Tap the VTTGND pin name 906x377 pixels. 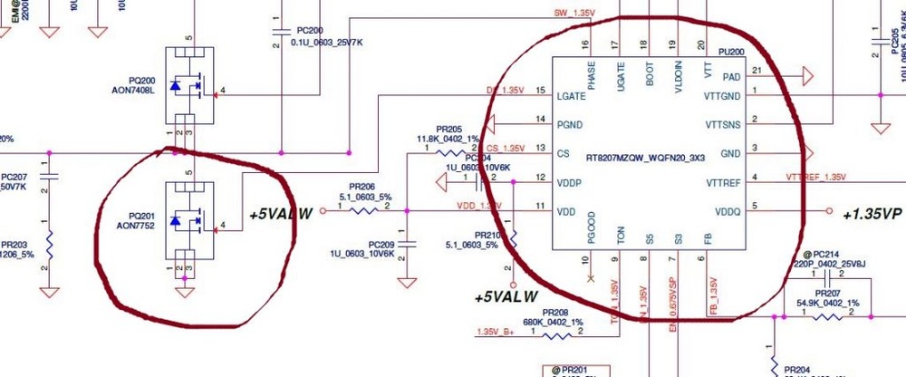[724, 96]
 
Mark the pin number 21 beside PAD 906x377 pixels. [757, 71]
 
